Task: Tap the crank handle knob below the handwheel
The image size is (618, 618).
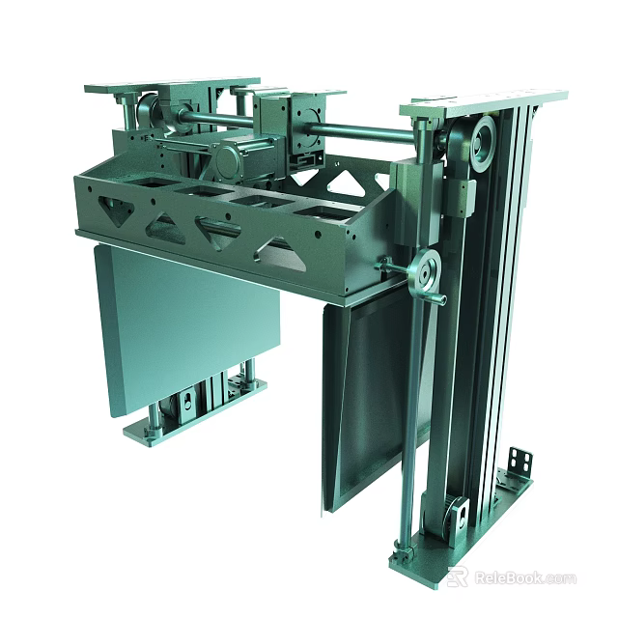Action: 437,299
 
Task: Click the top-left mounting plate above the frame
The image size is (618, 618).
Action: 172,85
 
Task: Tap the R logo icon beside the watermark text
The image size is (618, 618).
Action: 458,577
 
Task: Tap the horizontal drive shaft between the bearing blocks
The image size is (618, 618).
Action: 357,129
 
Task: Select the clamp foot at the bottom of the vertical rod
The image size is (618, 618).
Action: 403,556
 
